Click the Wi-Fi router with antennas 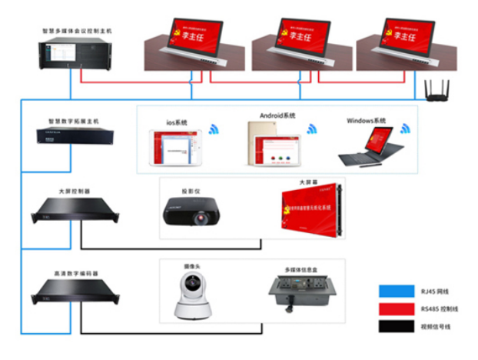(437, 92)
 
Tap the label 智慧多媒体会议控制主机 (77, 31)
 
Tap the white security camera (192, 298)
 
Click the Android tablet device (272, 146)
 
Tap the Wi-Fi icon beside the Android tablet (312, 128)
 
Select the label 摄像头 (192, 266)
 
